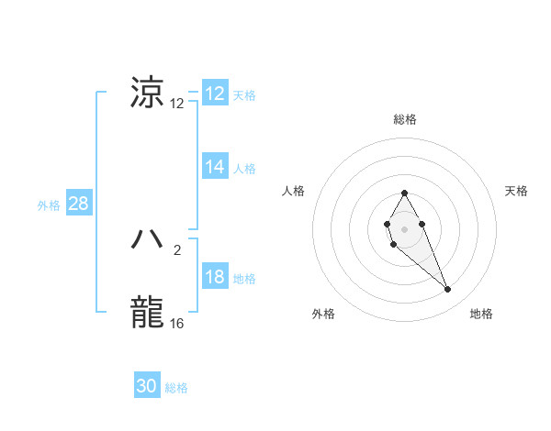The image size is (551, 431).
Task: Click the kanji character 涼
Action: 148,94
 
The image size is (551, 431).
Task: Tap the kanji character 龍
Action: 148,312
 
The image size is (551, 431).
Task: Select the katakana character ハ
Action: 148,240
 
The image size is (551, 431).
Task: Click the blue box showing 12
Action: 215,94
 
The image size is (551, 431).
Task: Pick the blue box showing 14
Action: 215,166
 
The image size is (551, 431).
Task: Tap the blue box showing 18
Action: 215,277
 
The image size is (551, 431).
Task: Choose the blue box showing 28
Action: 78,204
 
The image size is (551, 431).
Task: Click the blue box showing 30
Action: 147,386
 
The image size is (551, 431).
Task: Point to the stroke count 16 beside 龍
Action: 177,323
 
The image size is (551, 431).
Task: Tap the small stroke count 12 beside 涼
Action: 177,104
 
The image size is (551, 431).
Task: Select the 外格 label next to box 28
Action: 49,205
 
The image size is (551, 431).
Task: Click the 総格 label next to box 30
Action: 176,388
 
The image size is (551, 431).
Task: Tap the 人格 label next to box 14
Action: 244,169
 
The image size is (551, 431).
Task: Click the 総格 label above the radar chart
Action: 404,119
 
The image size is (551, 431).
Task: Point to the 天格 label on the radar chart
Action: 516,191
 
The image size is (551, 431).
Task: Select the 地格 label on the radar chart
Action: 481,314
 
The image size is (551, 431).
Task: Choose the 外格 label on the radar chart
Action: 323,314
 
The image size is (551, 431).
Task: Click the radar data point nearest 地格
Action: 448,290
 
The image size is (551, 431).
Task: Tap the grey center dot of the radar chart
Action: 404,227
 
